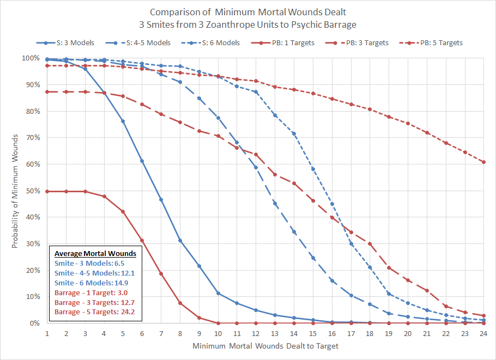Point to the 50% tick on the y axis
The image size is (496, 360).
pos(32,191)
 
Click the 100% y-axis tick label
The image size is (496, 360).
pos(30,58)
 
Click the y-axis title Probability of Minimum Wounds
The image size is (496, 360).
pos(15,191)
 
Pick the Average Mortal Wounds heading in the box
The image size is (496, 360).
pos(95,253)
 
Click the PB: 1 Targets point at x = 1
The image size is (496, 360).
pos(47,191)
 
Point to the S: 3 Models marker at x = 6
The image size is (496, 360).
pos(142,161)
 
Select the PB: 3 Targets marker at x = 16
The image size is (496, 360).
pos(331,217)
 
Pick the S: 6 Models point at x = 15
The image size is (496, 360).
pos(312,169)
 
